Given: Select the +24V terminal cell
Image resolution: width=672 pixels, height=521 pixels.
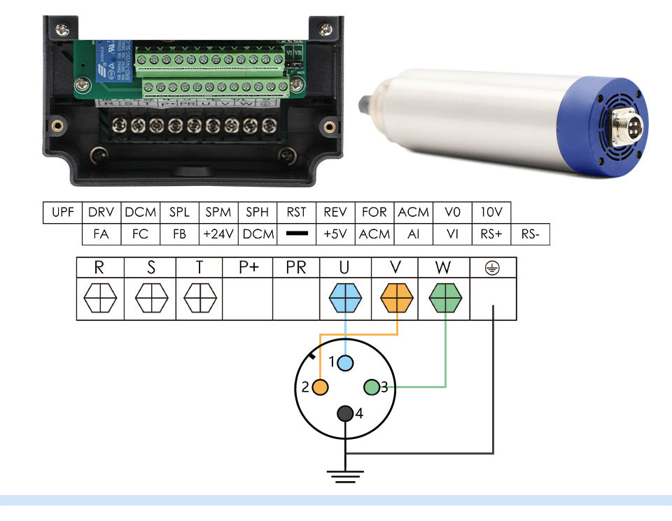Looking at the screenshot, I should click(x=218, y=234).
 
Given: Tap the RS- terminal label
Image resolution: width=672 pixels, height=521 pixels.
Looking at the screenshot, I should click(x=530, y=234).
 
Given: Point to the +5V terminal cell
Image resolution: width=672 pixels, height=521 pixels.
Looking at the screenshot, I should click(x=335, y=234).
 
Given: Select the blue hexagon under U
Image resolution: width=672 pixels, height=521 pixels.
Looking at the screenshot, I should click(x=345, y=300).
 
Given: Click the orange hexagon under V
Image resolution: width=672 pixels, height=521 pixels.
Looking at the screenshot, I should click(x=397, y=300).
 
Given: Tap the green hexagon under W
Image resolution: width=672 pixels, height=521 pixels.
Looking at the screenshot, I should click(x=446, y=300).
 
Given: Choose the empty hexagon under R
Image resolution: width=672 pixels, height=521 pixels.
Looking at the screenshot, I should click(x=100, y=300).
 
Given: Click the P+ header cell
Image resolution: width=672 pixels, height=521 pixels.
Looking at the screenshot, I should click(x=248, y=268).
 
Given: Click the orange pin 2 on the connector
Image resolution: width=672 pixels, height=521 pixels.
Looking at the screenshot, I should click(x=321, y=387).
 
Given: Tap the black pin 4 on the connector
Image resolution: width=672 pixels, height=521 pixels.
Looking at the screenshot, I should click(x=345, y=413).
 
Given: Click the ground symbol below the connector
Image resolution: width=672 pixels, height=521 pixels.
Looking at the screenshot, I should click(x=345, y=476).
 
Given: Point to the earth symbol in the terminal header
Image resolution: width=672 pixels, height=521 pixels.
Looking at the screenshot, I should click(x=493, y=268).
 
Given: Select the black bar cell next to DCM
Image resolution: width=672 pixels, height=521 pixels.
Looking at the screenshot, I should click(x=297, y=234).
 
